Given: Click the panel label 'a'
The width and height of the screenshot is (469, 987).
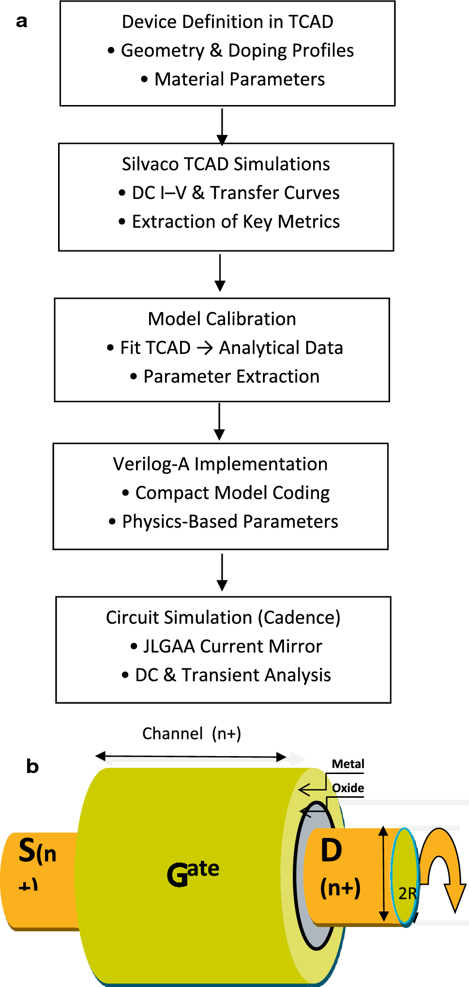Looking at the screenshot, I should tap(22, 22).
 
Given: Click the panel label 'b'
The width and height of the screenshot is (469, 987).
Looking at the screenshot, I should tap(32, 767).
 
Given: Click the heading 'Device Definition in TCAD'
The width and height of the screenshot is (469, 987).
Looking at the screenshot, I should tap(227, 22).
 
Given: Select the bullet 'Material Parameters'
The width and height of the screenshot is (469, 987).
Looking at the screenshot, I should tap(239, 79).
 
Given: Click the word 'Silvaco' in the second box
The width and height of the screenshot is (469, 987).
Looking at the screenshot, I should tap(150, 164).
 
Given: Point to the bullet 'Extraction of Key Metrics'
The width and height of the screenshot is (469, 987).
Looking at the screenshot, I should tap(235, 222).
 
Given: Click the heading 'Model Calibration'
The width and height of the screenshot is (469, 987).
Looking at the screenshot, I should tap(222, 319).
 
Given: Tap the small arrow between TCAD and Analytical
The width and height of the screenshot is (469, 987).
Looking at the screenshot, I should tap(205, 348).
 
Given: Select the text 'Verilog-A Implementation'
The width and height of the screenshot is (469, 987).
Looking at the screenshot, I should tap(220, 464).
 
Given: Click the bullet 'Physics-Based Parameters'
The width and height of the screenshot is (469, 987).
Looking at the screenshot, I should tap(229, 521).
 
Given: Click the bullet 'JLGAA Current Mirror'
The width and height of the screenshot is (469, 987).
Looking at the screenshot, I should tap(232, 646).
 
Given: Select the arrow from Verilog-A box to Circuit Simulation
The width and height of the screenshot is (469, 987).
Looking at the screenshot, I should tap(222, 572).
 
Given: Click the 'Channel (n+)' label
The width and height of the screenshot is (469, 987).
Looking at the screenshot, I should tap(192, 734).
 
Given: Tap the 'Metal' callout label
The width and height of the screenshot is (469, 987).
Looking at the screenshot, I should tap(348, 764).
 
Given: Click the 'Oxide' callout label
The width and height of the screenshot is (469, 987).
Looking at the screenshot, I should tap(348, 788).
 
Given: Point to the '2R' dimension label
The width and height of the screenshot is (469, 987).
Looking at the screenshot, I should tap(407, 894).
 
